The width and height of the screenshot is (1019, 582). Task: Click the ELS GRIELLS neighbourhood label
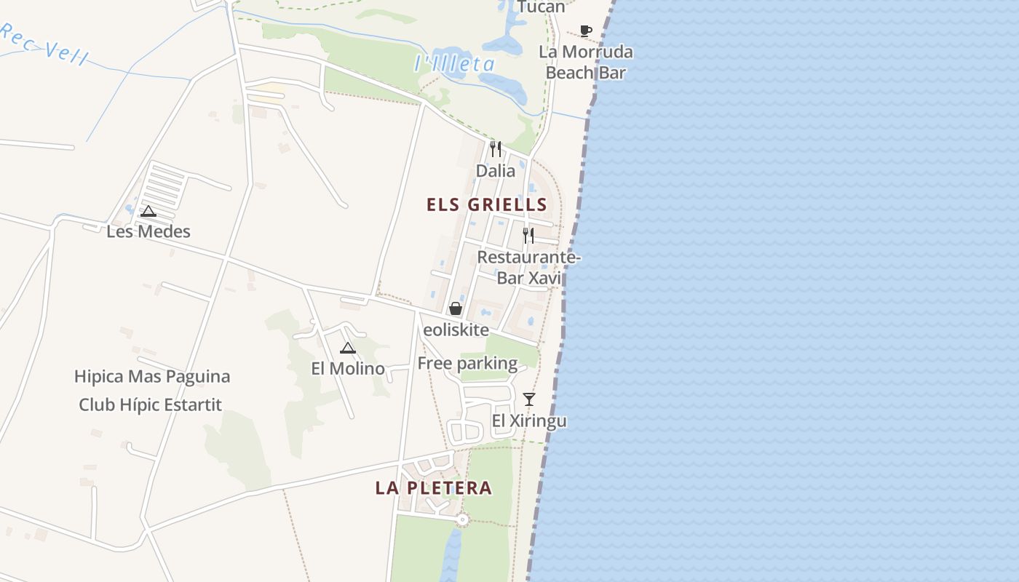pos(486,204)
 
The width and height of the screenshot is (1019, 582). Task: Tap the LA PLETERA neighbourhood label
pos(433,488)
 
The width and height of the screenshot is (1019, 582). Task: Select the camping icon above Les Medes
pos(148,212)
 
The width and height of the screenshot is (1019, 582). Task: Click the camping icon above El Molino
pos(348,348)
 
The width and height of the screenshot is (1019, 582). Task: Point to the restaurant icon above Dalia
pos(496,149)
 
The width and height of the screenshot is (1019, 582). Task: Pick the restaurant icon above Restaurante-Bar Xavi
pos(528,235)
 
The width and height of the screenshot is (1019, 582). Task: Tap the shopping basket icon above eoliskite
pos(456,308)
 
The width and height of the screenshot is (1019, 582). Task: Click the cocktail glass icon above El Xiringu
pos(529,399)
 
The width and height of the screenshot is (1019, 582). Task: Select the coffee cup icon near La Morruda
pos(586,31)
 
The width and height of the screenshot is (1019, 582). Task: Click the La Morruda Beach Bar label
pos(586,63)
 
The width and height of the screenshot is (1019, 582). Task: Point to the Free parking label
pos(467,363)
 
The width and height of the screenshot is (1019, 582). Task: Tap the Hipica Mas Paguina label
pos(152,377)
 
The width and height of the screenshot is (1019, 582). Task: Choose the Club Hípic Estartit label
pos(150,404)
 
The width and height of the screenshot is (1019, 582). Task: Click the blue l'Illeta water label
pos(454,64)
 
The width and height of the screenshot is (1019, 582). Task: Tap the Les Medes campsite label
pos(148,231)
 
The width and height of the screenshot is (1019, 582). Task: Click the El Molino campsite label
pos(348,368)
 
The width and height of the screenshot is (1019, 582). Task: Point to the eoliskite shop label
pos(456,330)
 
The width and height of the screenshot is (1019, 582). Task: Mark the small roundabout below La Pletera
pos(462,519)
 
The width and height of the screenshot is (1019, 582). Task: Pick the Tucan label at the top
pos(541,7)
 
